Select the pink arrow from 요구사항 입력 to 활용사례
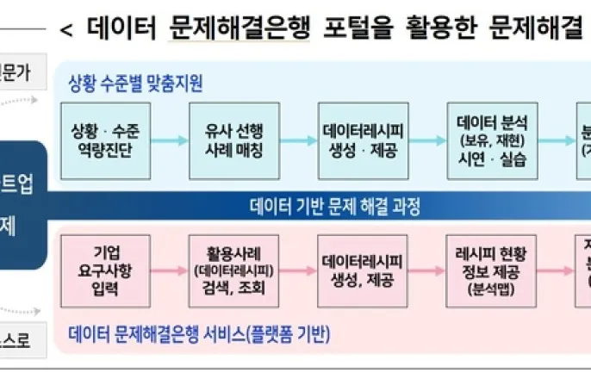click(x=171, y=270)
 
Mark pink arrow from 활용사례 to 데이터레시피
click(x=300, y=270)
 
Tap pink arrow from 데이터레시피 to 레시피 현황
click(x=428, y=270)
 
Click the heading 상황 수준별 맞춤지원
click(x=135, y=84)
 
